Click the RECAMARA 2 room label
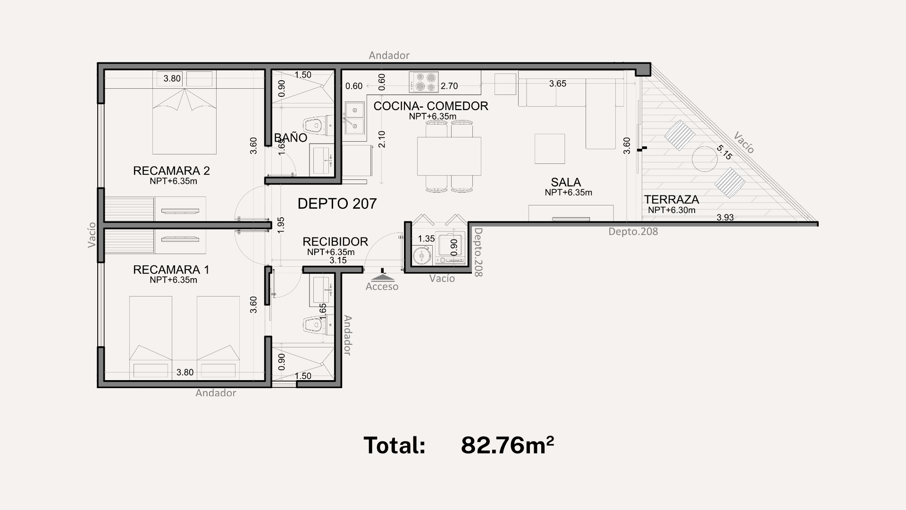click(x=171, y=170)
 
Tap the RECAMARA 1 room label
click(x=171, y=270)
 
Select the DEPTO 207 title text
click(x=337, y=204)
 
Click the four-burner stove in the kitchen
click(x=424, y=82)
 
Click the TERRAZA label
click(x=671, y=199)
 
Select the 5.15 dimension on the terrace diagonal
click(x=724, y=152)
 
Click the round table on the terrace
click(x=705, y=159)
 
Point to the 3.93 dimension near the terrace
click(x=725, y=218)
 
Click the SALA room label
click(x=566, y=182)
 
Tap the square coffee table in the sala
click(x=550, y=149)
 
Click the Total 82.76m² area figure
click(x=507, y=445)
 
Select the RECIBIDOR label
click(x=335, y=242)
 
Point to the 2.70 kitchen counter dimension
click(x=449, y=86)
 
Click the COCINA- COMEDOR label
click(x=430, y=106)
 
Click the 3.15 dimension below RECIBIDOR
click(x=338, y=260)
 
